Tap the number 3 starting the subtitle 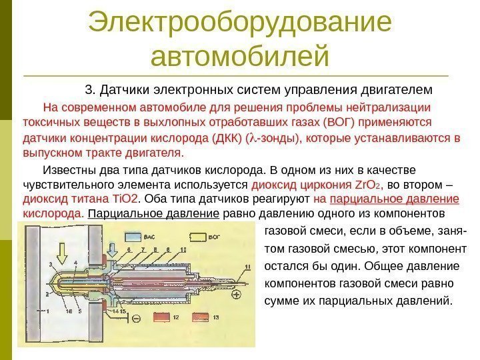[89, 89]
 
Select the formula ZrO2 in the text [367, 185]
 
